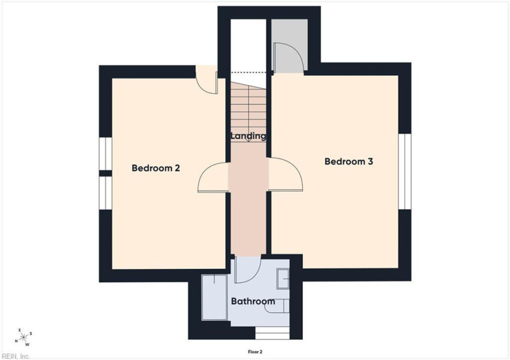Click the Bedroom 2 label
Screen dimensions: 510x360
click(156, 168)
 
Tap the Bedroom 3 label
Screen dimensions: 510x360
click(349, 161)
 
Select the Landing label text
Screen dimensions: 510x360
click(248, 136)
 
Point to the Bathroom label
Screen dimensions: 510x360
click(253, 301)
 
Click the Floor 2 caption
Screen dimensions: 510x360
click(255, 352)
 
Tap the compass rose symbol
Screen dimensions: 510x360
click(24, 337)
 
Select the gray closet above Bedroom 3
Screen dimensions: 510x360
click(289, 45)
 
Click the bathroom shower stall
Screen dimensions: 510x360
click(214, 298)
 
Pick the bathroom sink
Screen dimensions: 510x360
click(283, 278)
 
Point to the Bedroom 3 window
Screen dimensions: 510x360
click(405, 171)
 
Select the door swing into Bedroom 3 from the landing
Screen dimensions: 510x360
click(286, 173)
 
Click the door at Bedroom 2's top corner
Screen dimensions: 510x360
click(207, 80)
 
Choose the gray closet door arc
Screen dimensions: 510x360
click(289, 57)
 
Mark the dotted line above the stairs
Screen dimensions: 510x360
click(249, 72)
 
